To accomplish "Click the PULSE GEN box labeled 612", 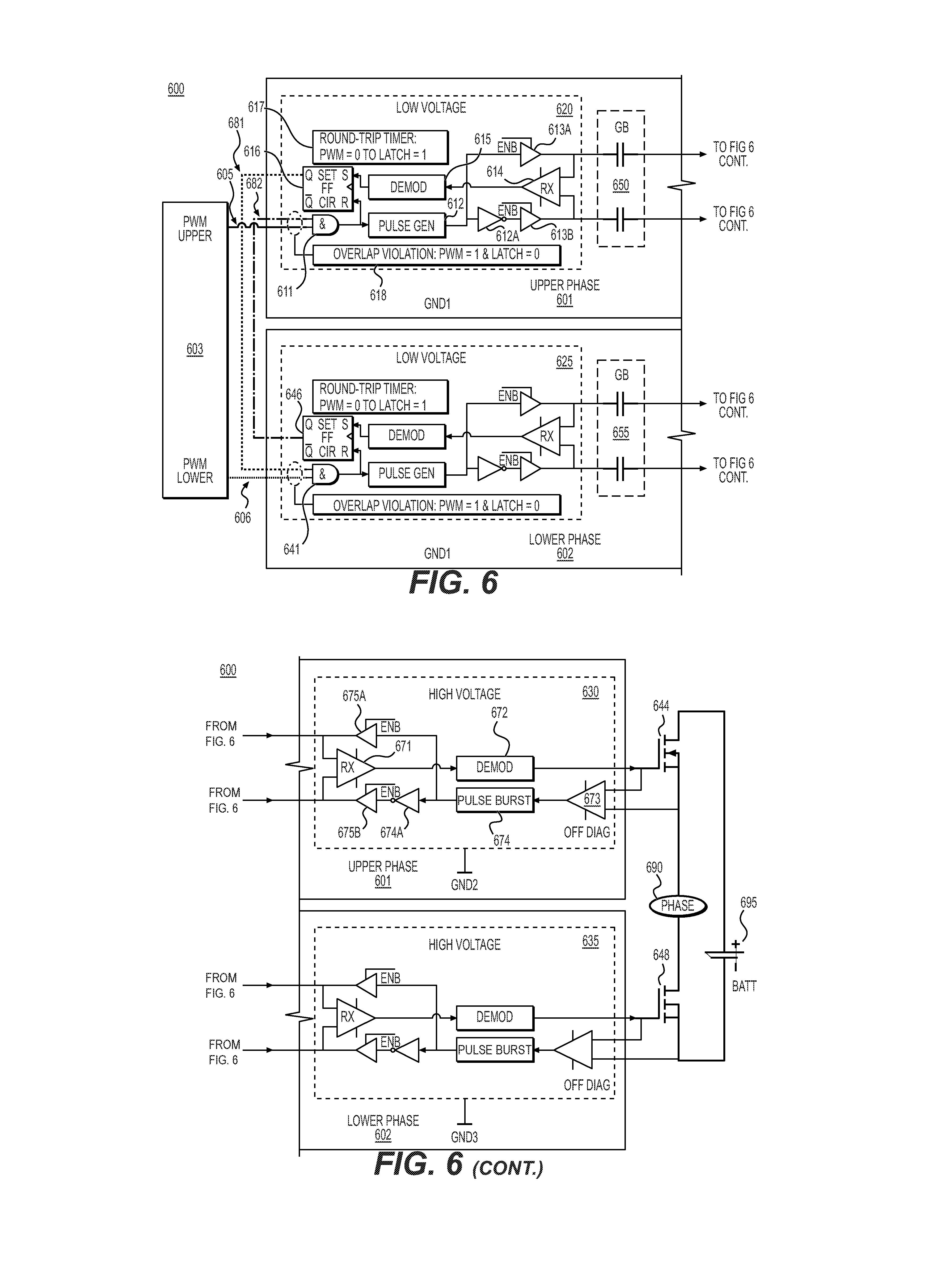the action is pyautogui.click(x=407, y=226).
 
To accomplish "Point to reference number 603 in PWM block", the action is pyautogui.click(x=195, y=349).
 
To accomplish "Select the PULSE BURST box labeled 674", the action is pyautogui.click(x=494, y=800).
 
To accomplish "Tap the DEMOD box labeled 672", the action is pyautogui.click(x=494, y=767).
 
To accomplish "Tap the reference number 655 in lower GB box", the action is pyautogui.click(x=621, y=433).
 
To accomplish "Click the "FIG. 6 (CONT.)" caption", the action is pyautogui.click(x=459, y=1163).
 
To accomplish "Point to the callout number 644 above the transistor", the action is pyautogui.click(x=661, y=705).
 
